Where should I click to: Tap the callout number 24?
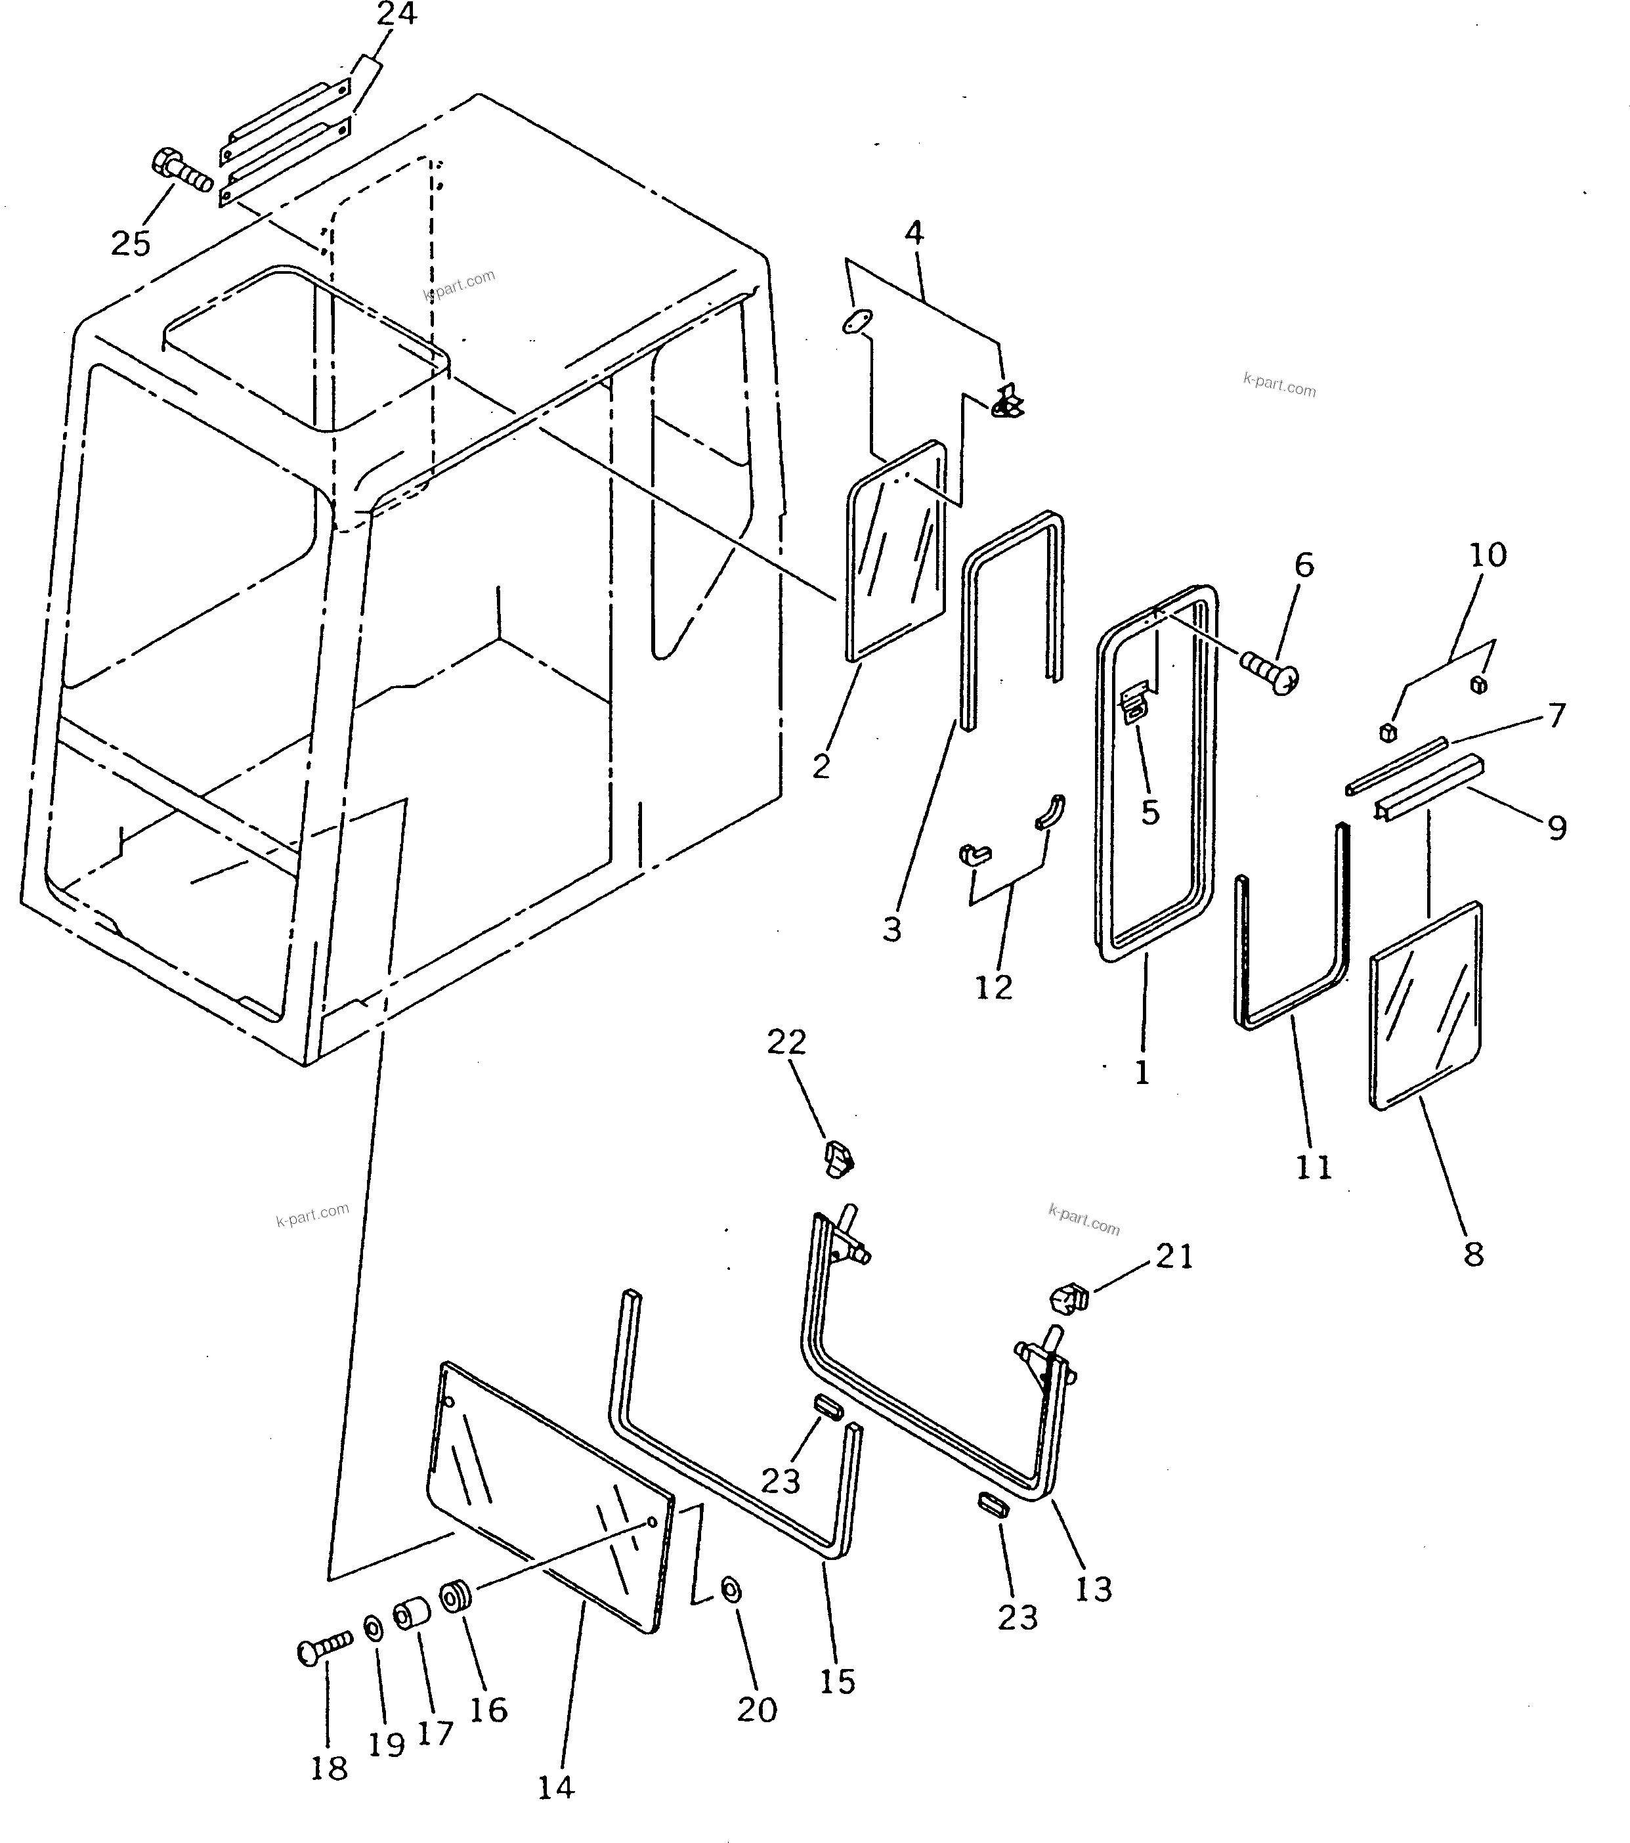[397, 15]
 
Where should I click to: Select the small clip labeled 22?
[838, 1157]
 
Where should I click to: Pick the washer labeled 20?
[732, 1590]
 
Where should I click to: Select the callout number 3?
[891, 928]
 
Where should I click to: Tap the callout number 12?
[993, 987]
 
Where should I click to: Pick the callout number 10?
[1488, 555]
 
